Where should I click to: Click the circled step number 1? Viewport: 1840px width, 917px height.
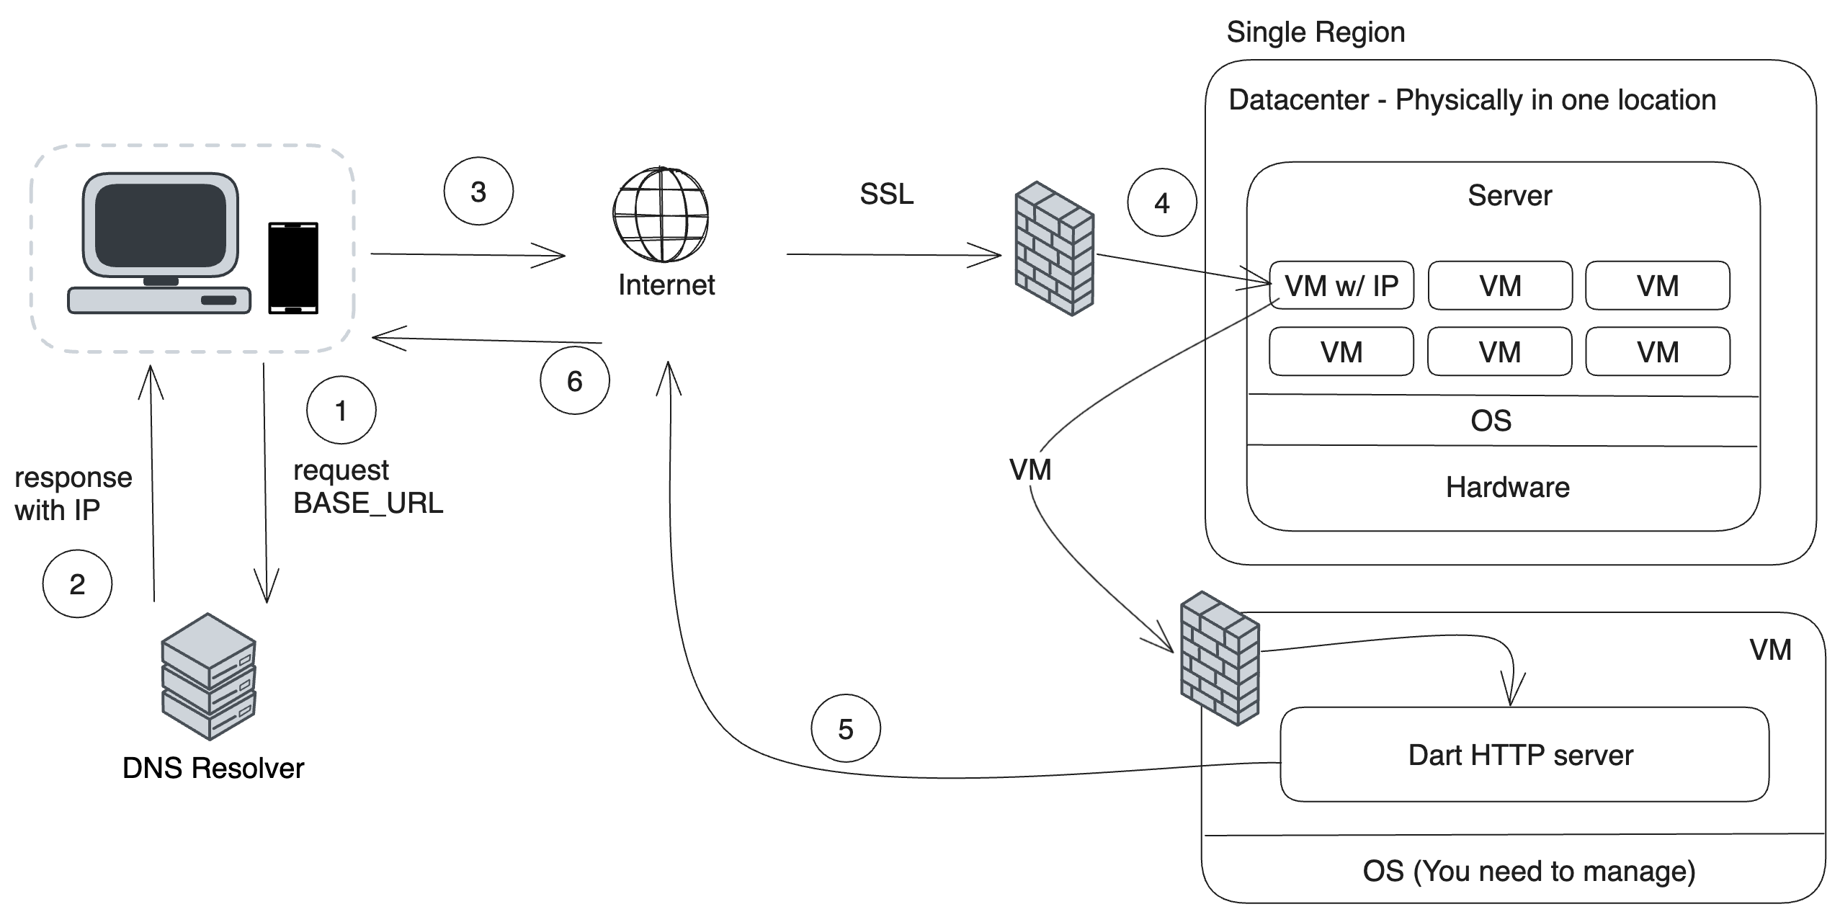click(341, 411)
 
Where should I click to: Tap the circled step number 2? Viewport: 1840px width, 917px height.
click(77, 583)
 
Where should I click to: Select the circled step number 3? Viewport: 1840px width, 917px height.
click(478, 192)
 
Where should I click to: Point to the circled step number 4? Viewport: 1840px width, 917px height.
click(1161, 203)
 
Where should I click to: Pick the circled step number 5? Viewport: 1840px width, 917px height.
click(845, 729)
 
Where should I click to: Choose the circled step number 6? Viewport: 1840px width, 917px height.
click(574, 380)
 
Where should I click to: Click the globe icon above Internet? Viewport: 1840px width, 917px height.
click(661, 215)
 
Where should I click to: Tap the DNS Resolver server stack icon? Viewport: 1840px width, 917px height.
click(209, 676)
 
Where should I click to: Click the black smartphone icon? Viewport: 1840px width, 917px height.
click(293, 268)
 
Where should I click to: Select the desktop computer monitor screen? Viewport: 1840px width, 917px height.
click(161, 225)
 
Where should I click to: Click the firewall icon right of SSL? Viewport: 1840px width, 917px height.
click(1055, 249)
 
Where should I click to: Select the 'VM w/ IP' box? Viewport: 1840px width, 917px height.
click(1341, 286)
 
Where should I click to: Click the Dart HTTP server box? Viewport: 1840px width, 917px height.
click(1524, 754)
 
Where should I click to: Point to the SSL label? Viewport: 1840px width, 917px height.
click(886, 194)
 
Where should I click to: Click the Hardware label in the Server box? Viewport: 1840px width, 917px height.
click(1507, 488)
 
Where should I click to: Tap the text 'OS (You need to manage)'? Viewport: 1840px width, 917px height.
click(1529, 871)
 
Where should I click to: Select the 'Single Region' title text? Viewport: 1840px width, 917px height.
click(1316, 32)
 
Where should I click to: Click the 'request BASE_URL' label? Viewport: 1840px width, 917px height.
click(367, 487)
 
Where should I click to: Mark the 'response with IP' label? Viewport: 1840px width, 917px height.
click(73, 493)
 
